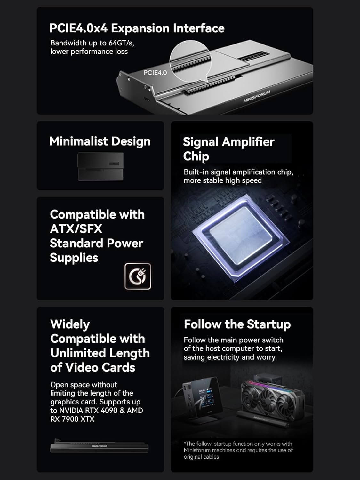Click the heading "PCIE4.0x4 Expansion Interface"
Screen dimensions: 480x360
tap(137, 28)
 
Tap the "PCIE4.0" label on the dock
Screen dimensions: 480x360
tap(155, 73)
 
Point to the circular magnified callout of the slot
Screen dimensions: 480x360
tap(191, 62)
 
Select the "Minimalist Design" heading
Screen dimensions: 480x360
tap(100, 141)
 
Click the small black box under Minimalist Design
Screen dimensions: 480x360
tap(100, 166)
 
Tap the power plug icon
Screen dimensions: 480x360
tap(138, 276)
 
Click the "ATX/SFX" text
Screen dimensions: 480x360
tap(76, 228)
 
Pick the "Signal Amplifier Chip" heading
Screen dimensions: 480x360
tap(228, 148)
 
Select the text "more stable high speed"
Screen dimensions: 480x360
tap(223, 180)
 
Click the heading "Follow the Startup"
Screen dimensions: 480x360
tap(237, 324)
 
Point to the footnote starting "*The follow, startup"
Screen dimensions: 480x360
tap(238, 450)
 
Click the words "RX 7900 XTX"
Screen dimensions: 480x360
tap(72, 419)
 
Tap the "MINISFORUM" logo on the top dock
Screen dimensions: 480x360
tap(257, 96)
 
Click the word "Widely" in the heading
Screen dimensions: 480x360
tap(70, 324)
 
